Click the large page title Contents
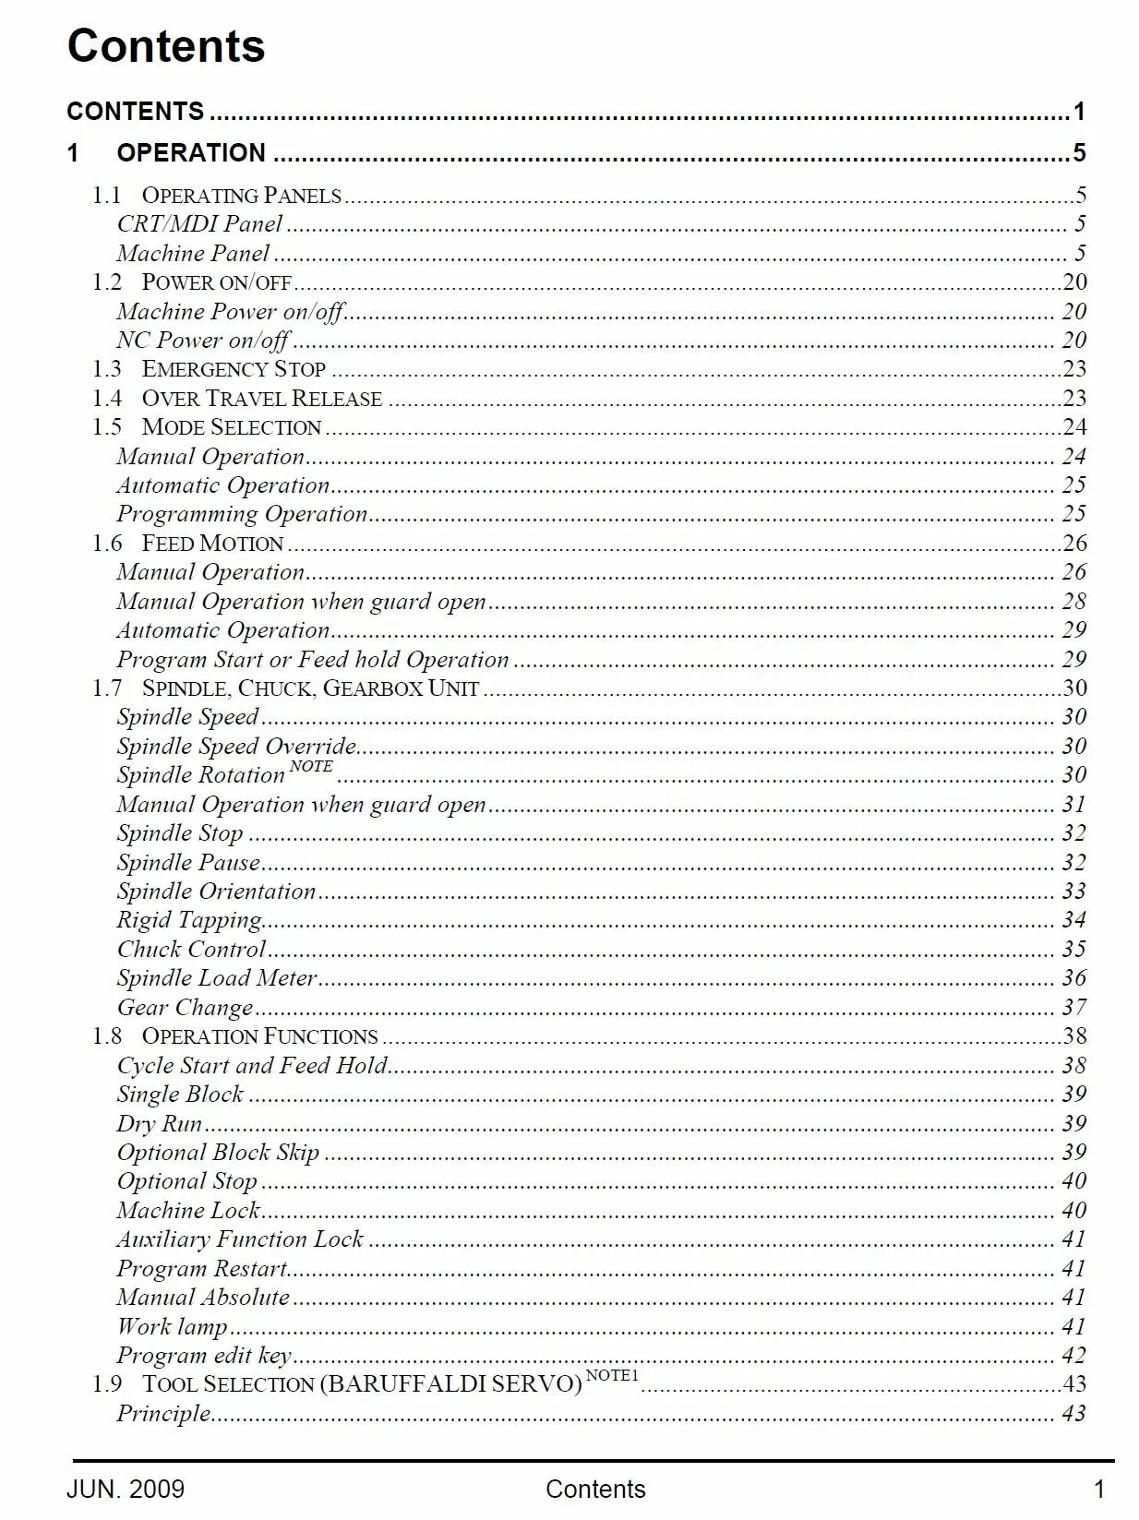click(x=166, y=46)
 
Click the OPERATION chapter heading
click(x=191, y=152)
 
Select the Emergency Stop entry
click(x=234, y=369)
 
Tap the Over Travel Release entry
click(x=261, y=399)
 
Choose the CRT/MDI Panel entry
click(x=199, y=224)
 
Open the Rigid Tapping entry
click(x=189, y=920)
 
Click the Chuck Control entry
click(x=191, y=950)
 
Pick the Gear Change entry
click(x=185, y=1008)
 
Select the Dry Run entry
click(x=159, y=1123)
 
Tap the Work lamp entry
click(x=172, y=1326)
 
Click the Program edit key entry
click(x=204, y=1356)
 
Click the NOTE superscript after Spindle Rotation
click(x=311, y=766)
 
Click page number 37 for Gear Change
click(x=1073, y=1008)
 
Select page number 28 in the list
click(x=1073, y=602)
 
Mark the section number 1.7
click(x=107, y=688)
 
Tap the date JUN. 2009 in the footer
click(x=126, y=1489)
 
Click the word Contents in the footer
click(x=595, y=1489)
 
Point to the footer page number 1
click(x=1098, y=1489)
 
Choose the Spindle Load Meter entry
click(x=217, y=978)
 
